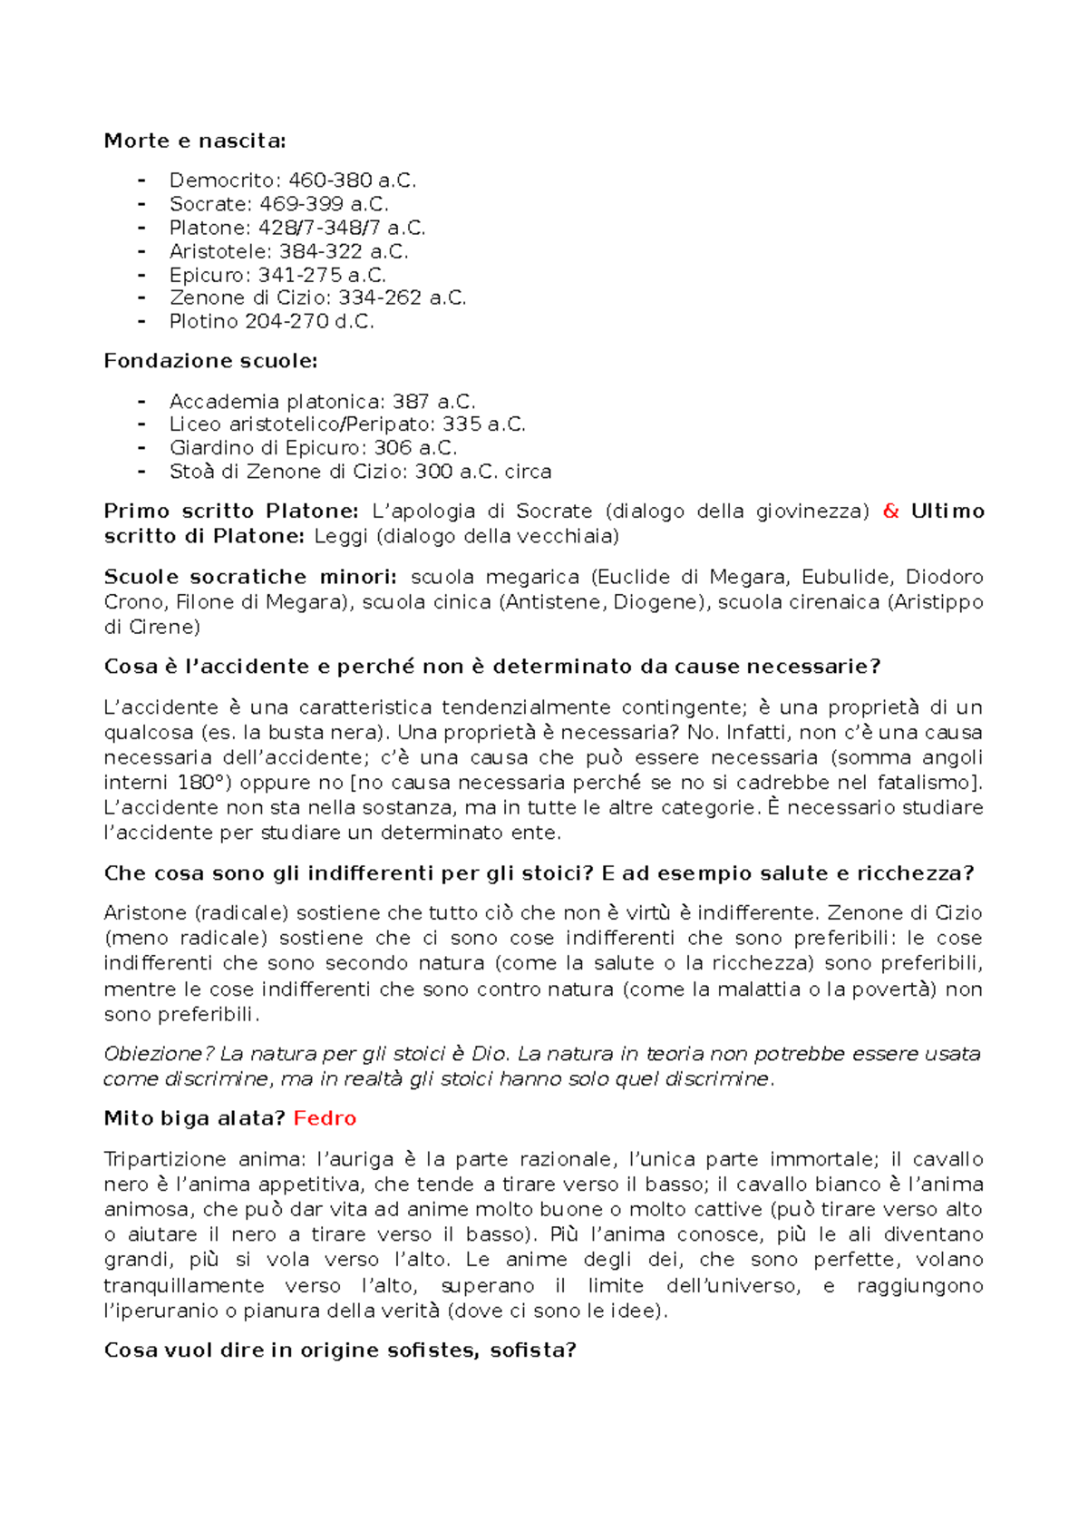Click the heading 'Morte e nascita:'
194,141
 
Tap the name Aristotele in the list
219,251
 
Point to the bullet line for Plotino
271,322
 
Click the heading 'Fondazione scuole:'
210,361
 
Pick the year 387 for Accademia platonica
410,401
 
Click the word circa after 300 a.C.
529,472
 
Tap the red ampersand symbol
890,512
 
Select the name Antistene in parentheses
555,602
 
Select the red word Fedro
325,1118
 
